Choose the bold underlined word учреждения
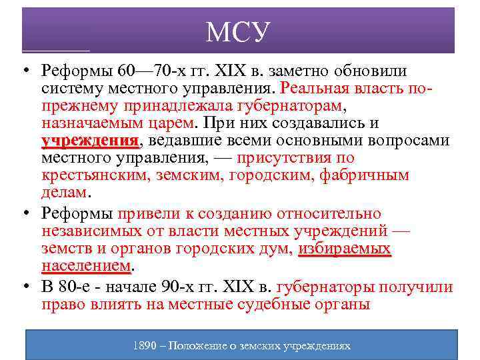(x=89, y=141)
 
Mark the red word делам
(x=64, y=193)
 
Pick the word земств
(x=63, y=249)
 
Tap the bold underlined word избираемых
(x=344, y=249)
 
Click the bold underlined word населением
(x=85, y=266)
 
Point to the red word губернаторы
(x=325, y=287)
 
